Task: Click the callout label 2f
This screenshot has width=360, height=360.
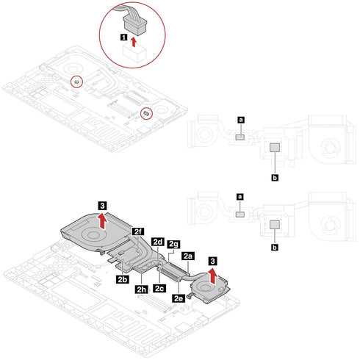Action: [138, 231]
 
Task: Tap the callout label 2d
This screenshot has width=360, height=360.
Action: [157, 242]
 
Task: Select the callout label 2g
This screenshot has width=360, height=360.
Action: [173, 244]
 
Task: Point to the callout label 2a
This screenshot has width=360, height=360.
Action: [188, 256]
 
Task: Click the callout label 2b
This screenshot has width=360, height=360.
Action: [122, 279]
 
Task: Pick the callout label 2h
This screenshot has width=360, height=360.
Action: [141, 289]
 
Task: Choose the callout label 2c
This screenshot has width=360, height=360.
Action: [159, 288]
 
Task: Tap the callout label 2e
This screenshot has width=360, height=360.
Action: [179, 298]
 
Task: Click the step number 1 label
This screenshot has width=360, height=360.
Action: [124, 37]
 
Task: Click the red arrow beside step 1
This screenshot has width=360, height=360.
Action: [134, 42]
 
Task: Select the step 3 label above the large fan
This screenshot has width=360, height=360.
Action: [102, 206]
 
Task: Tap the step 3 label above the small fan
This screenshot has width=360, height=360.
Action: [212, 261]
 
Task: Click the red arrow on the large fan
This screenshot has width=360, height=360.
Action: [104, 220]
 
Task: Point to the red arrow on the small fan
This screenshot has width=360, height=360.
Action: [214, 276]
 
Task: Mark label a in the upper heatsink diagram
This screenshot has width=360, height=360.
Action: [241, 120]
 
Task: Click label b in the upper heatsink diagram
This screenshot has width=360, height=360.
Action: [275, 178]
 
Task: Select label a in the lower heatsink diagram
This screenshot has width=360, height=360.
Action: [240, 197]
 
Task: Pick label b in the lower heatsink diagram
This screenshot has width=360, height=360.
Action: [275, 248]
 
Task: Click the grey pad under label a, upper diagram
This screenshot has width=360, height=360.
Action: [240, 137]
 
